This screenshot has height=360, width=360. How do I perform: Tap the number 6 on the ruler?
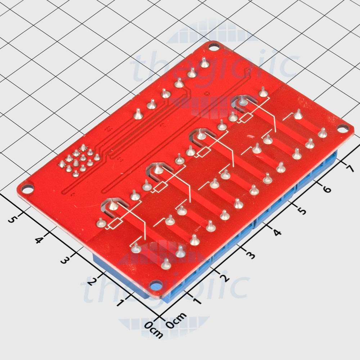click(x=327, y=188)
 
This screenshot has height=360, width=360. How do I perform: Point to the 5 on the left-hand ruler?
click(x=12, y=219)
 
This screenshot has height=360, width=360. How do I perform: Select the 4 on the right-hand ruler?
click(x=277, y=233)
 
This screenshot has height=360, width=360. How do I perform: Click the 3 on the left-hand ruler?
click(x=64, y=260)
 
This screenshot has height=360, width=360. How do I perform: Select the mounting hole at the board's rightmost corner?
click(x=343, y=128)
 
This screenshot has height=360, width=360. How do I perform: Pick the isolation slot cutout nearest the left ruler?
click(x=112, y=205)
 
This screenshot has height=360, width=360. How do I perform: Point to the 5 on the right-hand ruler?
click(x=302, y=210)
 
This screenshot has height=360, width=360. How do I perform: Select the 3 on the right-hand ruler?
click(x=250, y=255)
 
